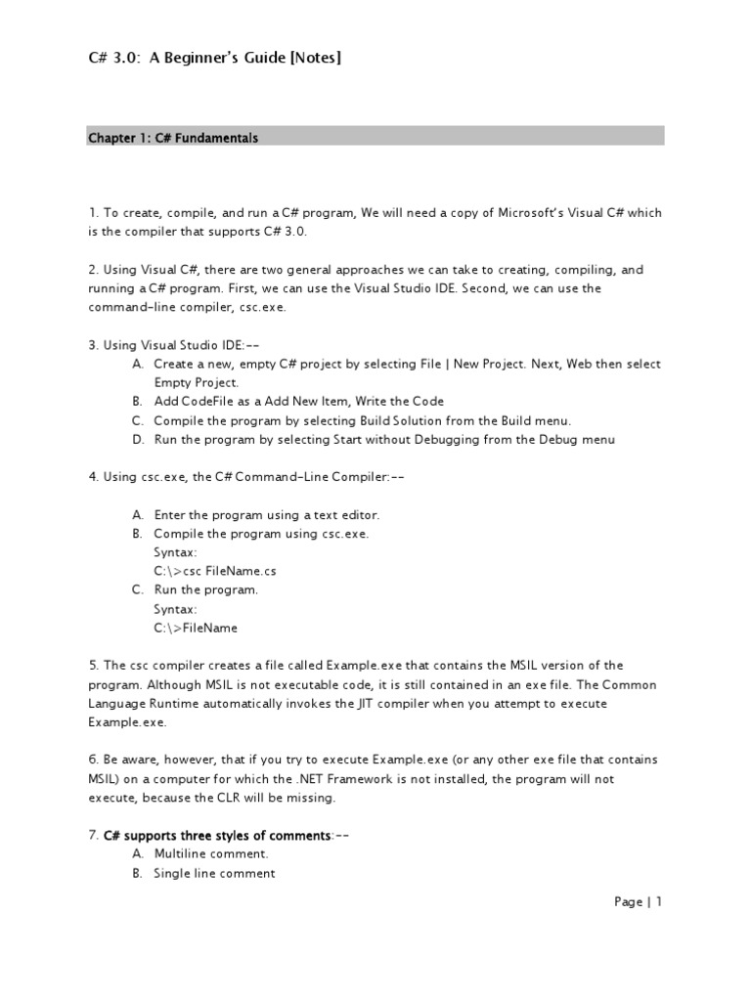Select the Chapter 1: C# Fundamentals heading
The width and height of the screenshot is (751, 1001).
point(173,139)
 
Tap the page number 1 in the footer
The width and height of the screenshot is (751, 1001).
point(659,902)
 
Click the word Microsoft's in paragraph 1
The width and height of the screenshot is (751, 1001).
point(537,213)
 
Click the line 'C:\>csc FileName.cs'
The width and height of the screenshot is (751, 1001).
point(208,571)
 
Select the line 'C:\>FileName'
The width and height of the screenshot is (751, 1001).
point(196,628)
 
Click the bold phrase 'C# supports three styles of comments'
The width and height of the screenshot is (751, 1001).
point(217,836)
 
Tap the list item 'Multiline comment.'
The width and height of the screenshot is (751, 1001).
point(211,854)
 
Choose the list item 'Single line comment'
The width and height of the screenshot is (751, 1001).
point(214,874)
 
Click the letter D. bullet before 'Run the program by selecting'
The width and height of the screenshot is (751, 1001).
point(137,440)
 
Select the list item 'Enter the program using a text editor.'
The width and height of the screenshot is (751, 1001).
point(266,514)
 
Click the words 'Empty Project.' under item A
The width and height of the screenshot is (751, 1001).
point(197,382)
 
